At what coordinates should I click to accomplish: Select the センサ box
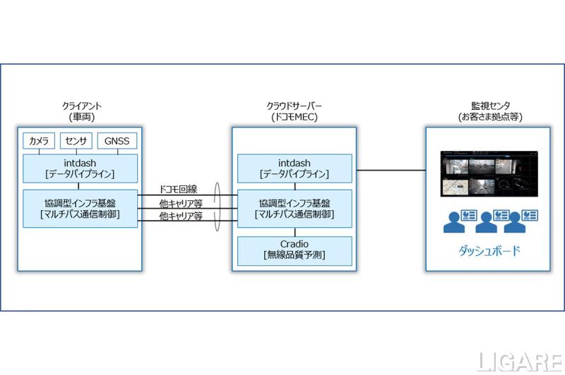tap(76, 141)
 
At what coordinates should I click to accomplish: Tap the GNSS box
tap(117, 141)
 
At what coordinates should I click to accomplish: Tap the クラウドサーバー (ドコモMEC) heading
tap(294, 111)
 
